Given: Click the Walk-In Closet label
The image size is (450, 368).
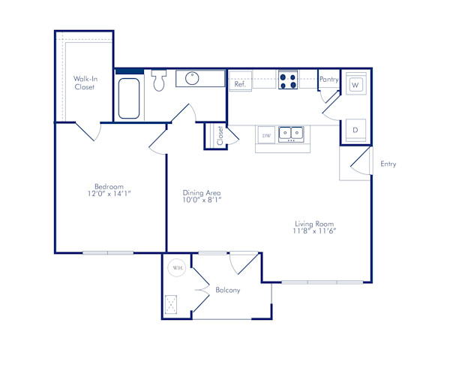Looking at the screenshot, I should [x=84, y=83].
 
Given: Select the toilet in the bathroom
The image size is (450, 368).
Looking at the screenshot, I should [x=158, y=80].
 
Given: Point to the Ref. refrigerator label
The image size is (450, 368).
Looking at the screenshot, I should [x=240, y=84].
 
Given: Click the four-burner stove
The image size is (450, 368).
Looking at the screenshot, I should [x=288, y=80].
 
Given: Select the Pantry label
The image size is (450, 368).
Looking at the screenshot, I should [x=328, y=79].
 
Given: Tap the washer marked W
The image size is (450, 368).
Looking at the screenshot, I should [x=355, y=85].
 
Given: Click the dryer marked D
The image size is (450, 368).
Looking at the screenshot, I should [x=355, y=130].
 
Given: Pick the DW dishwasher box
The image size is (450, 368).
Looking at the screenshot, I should [x=265, y=134].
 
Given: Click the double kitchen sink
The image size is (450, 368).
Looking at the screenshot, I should [x=291, y=134].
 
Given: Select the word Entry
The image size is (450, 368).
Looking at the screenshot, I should [x=388, y=164].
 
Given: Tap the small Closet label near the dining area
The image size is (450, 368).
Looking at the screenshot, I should [x=220, y=135].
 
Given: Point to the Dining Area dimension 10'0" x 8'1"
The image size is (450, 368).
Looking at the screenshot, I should [x=202, y=201].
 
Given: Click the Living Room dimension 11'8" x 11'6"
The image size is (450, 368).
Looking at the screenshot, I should [x=314, y=231].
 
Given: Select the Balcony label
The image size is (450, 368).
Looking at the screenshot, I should [x=227, y=290].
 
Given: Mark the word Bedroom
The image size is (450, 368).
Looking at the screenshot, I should [x=108, y=186].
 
